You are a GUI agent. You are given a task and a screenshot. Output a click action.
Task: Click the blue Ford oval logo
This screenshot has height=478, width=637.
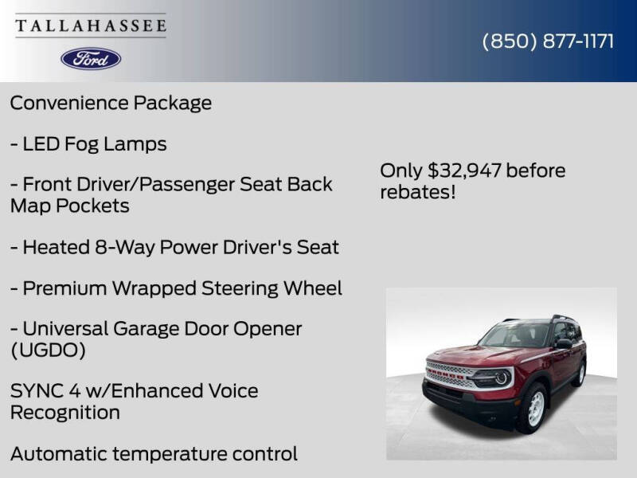[x=91, y=58]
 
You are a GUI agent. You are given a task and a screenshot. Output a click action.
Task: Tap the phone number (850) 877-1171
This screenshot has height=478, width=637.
[x=548, y=41]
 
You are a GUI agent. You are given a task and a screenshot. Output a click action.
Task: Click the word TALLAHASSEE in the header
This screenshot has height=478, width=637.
[x=91, y=25]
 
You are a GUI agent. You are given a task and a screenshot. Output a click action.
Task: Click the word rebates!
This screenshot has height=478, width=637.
[x=418, y=193]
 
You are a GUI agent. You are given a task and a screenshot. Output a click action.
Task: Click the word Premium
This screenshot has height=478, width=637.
[x=64, y=288]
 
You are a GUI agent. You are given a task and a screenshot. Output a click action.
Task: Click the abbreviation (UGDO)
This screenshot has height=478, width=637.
[x=48, y=350]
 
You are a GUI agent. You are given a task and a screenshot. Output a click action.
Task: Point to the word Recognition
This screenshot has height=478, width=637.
[x=65, y=413]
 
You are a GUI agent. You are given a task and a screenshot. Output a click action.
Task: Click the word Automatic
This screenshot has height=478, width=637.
[x=58, y=454]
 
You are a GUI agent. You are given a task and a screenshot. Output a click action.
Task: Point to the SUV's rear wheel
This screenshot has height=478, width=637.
[x=579, y=373]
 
